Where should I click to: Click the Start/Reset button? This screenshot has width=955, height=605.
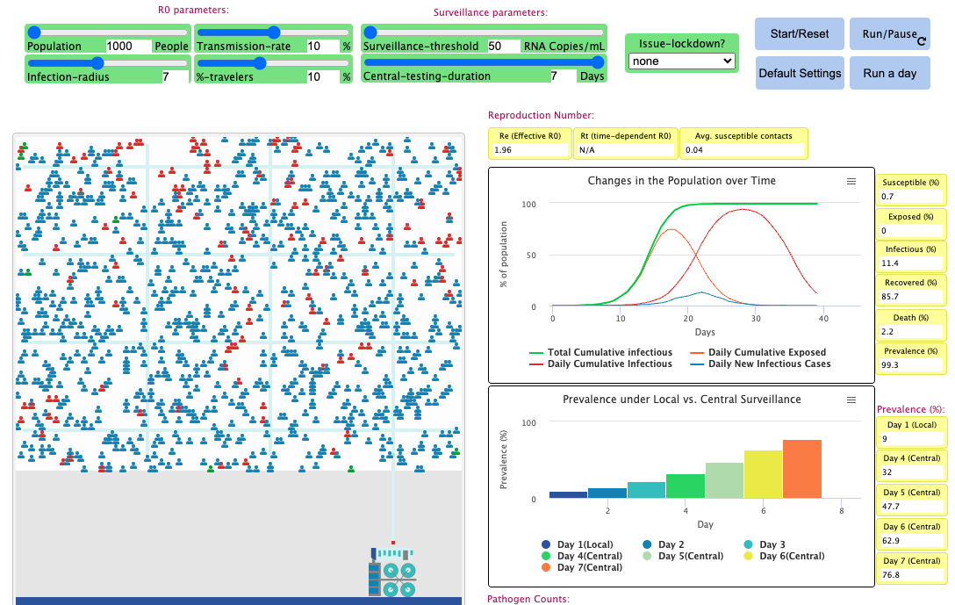(799, 34)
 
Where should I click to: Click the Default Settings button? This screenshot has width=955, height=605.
(800, 73)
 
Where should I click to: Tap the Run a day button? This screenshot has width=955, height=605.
(890, 73)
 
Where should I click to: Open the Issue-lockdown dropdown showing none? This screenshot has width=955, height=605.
(681, 61)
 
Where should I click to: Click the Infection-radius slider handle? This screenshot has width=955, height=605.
(98, 62)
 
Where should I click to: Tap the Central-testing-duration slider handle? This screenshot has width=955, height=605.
(599, 62)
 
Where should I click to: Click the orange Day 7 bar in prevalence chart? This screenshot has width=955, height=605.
(801, 469)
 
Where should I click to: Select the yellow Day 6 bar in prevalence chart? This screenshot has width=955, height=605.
(763, 474)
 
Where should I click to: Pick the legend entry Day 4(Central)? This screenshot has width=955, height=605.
(589, 556)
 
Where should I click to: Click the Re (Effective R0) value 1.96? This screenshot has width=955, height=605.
(529, 150)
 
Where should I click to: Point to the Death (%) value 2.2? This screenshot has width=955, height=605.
(909, 331)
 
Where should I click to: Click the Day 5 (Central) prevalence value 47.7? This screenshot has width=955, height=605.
(909, 507)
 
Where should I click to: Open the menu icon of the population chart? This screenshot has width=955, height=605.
(851, 181)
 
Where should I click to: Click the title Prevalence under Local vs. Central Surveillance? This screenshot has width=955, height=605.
(681, 400)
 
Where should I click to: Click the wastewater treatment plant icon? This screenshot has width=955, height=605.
(391, 573)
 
